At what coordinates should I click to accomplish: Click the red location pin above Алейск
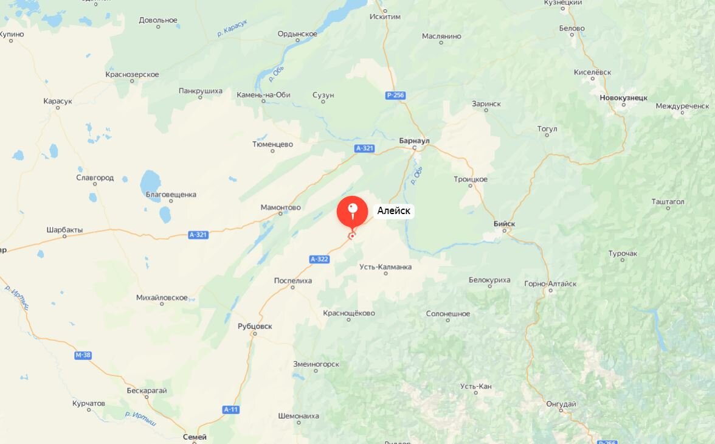click(x=352, y=211)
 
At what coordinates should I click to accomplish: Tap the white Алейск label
click(x=393, y=211)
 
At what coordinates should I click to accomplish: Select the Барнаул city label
click(x=414, y=140)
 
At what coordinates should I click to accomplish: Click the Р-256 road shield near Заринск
click(x=395, y=95)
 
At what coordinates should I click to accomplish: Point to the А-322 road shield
click(x=319, y=259)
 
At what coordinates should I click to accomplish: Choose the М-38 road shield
click(x=83, y=355)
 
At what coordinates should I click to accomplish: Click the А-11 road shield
click(x=230, y=409)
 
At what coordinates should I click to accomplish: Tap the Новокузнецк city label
click(x=623, y=97)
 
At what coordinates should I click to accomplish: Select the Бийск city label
click(x=504, y=224)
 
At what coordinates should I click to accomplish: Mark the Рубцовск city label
click(x=255, y=326)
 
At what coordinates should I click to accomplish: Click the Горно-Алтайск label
click(x=550, y=283)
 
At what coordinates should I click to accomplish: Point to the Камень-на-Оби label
click(x=263, y=94)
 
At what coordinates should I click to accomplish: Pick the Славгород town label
click(x=95, y=178)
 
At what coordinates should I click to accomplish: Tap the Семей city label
click(x=195, y=437)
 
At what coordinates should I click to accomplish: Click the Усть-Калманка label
click(x=385, y=266)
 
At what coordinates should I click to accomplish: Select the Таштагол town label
click(x=668, y=201)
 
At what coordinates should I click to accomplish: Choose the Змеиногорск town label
click(x=316, y=364)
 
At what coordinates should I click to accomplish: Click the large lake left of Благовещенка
click(x=150, y=181)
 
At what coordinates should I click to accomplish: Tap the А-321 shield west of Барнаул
click(x=365, y=148)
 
